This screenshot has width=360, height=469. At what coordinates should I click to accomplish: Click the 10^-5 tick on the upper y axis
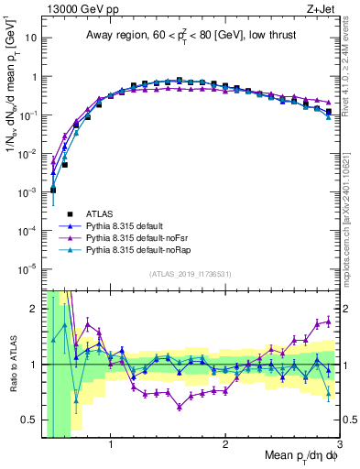[27, 268]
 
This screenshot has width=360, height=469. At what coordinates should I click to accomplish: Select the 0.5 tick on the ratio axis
[28, 420]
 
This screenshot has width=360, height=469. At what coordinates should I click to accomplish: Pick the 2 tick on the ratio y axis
[33, 309]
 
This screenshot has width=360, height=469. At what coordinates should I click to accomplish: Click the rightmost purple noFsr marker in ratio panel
[328, 322]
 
